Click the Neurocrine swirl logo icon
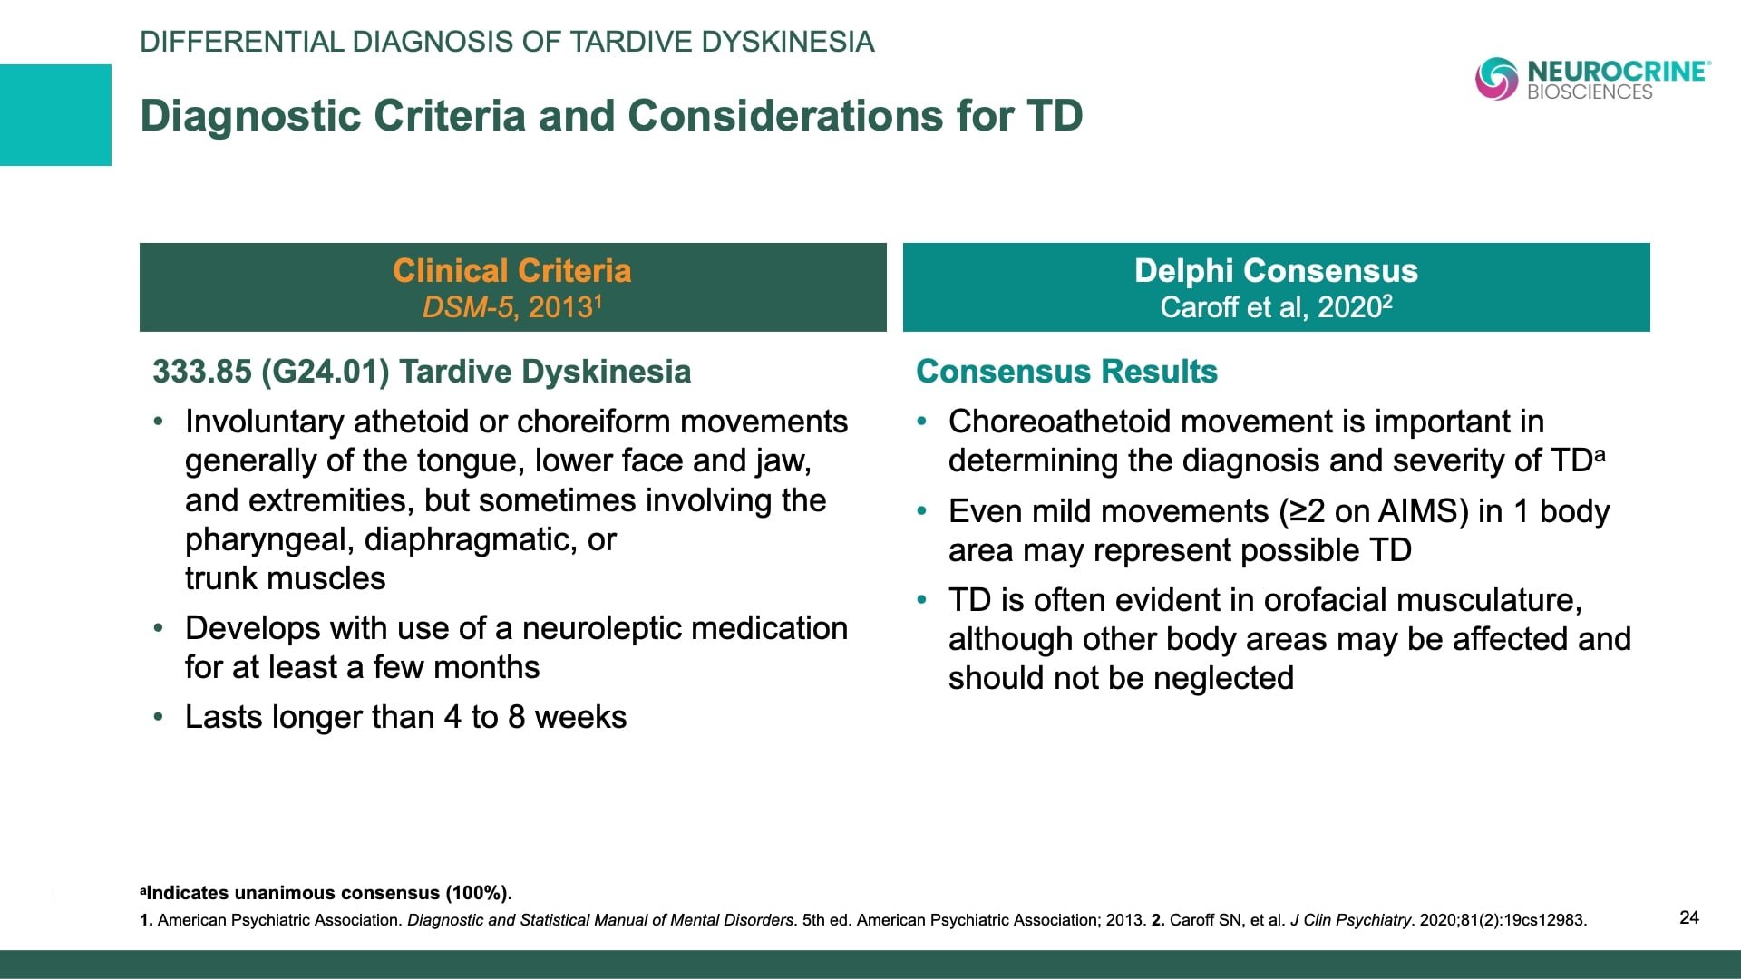[x=1496, y=79]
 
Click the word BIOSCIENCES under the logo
[x=1590, y=92]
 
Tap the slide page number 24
[x=1688, y=917]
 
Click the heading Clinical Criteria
[x=511, y=270]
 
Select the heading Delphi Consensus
[x=1275, y=270]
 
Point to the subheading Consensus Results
[x=1066, y=372]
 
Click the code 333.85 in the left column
[x=201, y=372]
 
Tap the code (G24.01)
[x=326, y=372]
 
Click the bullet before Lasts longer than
[x=160, y=717]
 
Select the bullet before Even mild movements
[x=922, y=511]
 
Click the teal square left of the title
[x=55, y=115]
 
